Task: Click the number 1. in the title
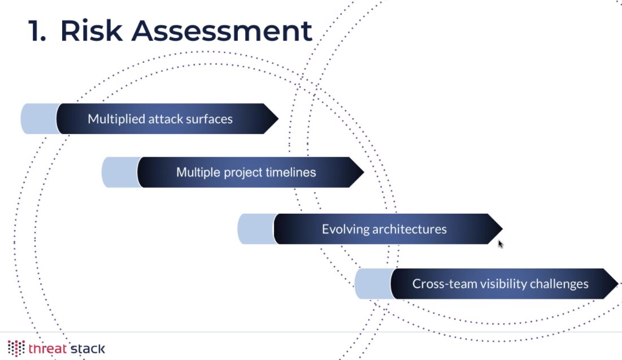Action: point(38,31)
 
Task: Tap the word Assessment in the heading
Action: point(222,31)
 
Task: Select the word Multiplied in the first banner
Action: point(116,119)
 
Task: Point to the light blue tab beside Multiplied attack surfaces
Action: point(39,119)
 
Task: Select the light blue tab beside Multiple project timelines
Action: point(120,172)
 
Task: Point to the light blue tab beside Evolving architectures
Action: point(255,229)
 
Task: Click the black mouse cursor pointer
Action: point(501,244)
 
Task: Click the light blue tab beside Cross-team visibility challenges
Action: point(373,284)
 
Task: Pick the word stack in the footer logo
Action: point(88,348)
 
